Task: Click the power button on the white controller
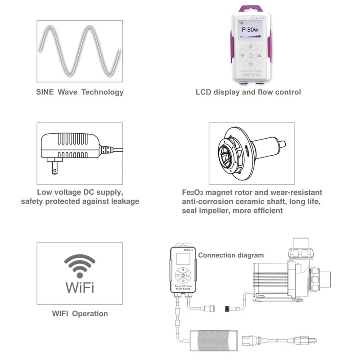[x=251, y=56]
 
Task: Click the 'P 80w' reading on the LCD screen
[x=251, y=30]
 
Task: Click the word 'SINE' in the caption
[x=45, y=92]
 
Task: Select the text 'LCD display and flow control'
[x=248, y=92]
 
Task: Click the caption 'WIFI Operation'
[x=80, y=313]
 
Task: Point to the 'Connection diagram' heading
[x=231, y=255]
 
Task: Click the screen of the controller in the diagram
[x=184, y=260]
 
